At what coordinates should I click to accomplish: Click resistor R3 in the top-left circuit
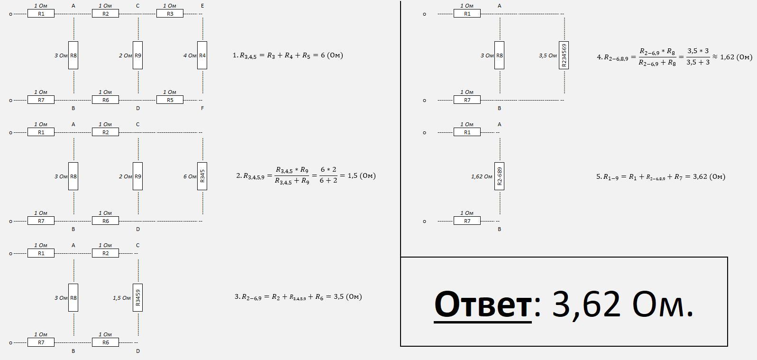tap(170, 14)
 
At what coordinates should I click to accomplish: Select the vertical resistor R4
tap(202, 55)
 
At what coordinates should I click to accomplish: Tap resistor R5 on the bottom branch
tap(170, 100)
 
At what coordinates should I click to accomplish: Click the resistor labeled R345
tap(202, 176)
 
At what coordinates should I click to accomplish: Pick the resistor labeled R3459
tap(137, 297)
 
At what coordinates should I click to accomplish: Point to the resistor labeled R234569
tap(564, 55)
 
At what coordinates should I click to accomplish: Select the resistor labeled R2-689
tap(499, 176)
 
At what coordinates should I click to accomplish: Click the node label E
tap(202, 6)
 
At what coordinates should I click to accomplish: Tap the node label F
tap(202, 108)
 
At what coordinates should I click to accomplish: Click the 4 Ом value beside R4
tap(190, 55)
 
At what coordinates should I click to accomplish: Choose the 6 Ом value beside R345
tap(190, 176)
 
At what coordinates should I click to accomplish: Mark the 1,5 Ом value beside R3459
tap(122, 298)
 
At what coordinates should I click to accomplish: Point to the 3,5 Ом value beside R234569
tap(547, 55)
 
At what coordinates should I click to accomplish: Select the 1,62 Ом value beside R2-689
tap(482, 176)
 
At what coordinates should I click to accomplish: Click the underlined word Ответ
tap(483, 304)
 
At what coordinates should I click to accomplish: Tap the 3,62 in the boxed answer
tap(586, 304)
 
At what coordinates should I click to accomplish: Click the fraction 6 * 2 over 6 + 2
tap(328, 175)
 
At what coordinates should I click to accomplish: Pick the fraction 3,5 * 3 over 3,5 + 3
tap(698, 56)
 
